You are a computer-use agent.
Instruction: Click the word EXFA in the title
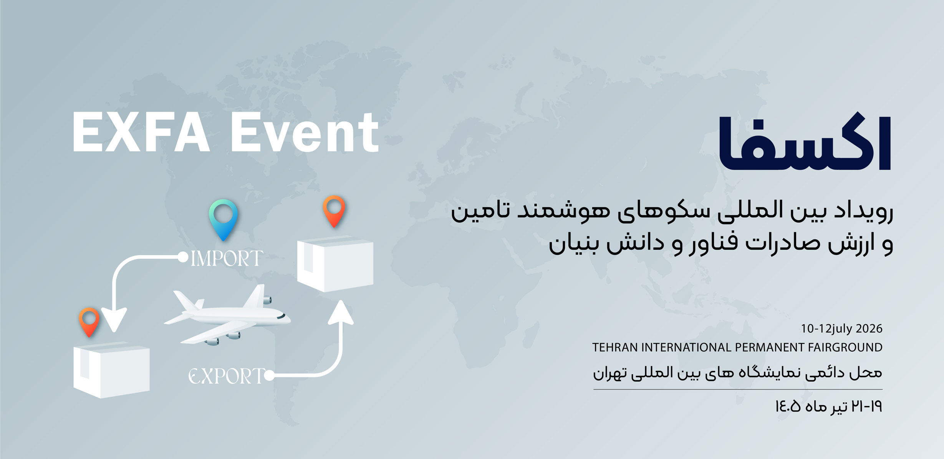[x=141, y=133]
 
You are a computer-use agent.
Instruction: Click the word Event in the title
[x=305, y=133]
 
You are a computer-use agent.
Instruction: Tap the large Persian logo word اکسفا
[x=805, y=144]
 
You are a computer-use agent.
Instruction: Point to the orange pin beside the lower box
[x=89, y=322]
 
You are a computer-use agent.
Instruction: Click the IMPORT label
[x=227, y=258]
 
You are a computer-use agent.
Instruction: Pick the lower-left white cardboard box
[x=111, y=370]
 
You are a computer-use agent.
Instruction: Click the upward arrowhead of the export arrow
[x=341, y=312]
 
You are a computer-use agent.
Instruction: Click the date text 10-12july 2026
[x=841, y=329]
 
